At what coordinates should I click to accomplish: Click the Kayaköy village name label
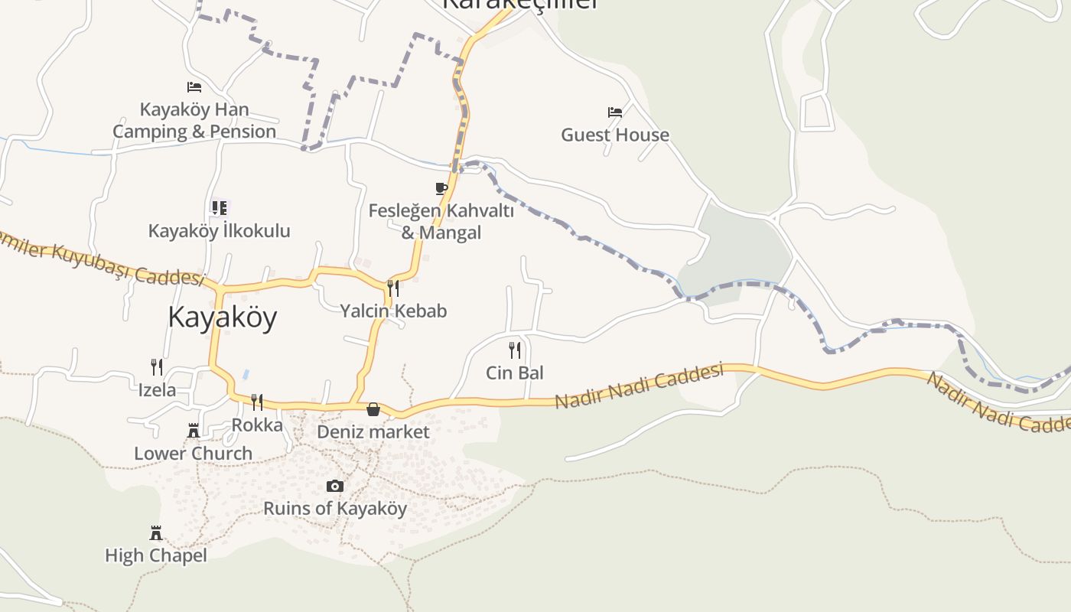222,317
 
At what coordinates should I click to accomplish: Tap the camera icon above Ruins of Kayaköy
334,486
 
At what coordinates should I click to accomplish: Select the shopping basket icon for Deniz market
373,409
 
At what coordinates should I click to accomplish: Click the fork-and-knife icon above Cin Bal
515,350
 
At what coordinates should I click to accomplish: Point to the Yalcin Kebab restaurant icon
393,288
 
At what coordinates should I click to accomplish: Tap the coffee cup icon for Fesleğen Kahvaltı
441,188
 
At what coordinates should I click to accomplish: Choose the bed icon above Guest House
615,112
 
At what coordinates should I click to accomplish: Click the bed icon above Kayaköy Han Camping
194,87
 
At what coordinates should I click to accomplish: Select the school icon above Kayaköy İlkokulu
220,207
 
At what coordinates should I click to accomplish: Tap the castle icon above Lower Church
194,431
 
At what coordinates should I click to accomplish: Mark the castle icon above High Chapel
156,532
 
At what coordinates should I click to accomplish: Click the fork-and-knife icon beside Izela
157,367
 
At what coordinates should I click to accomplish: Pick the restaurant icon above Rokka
257,402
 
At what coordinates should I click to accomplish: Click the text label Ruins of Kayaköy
335,508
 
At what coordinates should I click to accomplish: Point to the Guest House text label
615,135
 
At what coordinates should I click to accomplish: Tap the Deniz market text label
373,431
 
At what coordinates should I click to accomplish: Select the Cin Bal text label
515,373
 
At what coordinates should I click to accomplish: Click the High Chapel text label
156,555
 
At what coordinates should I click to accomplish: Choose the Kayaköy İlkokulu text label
220,230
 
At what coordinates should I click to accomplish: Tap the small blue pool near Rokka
245,375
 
